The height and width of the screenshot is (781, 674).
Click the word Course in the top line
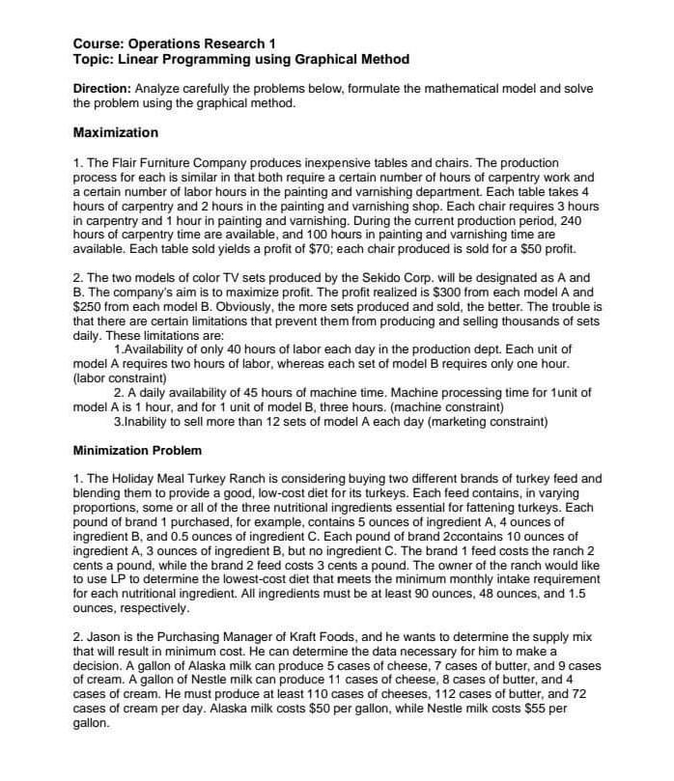coord(98,43)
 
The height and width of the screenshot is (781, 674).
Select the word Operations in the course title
coord(163,43)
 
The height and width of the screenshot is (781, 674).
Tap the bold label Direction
coord(102,89)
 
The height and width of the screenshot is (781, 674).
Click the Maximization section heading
coord(116,132)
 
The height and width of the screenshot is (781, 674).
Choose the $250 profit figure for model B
coord(89,293)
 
